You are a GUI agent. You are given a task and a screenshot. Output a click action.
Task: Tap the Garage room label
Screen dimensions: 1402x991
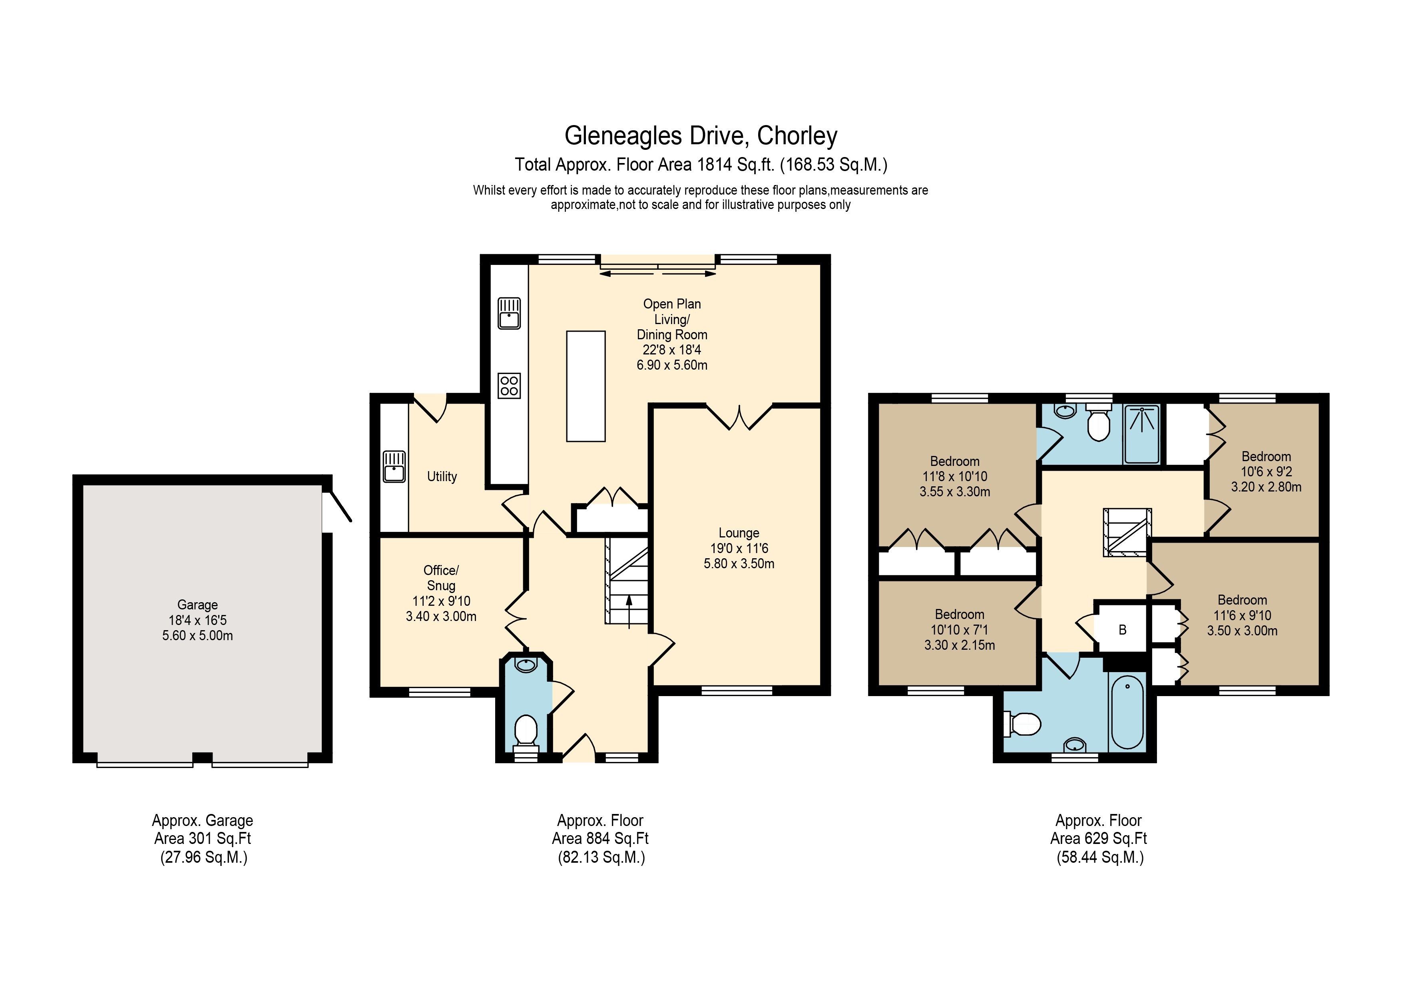pos(197,605)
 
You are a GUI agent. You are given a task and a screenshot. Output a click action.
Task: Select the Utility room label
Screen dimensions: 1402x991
pos(442,476)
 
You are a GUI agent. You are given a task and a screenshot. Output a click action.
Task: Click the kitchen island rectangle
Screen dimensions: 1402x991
pos(585,386)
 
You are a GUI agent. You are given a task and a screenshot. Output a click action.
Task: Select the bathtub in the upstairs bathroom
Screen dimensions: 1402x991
pos(1127,712)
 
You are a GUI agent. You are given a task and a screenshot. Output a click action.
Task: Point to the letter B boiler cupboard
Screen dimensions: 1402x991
pos(1122,629)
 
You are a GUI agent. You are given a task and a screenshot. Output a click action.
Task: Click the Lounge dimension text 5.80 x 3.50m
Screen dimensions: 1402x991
pos(739,563)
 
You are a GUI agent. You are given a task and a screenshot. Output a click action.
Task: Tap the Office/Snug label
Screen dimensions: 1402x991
pos(441,578)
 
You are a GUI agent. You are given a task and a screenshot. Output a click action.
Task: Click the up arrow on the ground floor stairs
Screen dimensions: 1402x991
pos(629,611)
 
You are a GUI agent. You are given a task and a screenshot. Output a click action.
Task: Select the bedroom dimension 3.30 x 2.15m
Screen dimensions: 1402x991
pos(959,645)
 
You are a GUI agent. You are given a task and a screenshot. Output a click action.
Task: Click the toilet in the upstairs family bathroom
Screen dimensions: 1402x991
pos(1023,725)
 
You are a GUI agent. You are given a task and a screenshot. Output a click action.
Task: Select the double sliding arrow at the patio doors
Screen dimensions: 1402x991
pos(658,274)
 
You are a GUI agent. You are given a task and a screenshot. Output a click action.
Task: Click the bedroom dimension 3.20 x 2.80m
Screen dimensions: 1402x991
pos(1266,487)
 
